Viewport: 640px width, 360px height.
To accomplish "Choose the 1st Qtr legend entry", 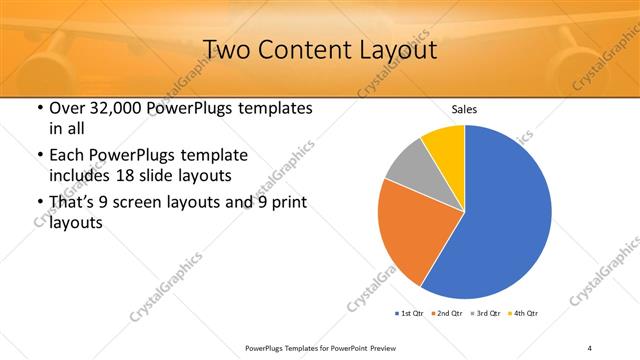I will [x=410, y=314].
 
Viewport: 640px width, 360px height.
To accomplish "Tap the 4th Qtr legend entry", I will [x=526, y=314].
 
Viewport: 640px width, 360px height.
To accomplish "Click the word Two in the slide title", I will [x=228, y=50].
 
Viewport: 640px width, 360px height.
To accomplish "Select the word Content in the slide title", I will [x=305, y=50].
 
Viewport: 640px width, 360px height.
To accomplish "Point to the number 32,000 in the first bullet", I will [x=119, y=108].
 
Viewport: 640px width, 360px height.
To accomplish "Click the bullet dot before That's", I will [x=39, y=203].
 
